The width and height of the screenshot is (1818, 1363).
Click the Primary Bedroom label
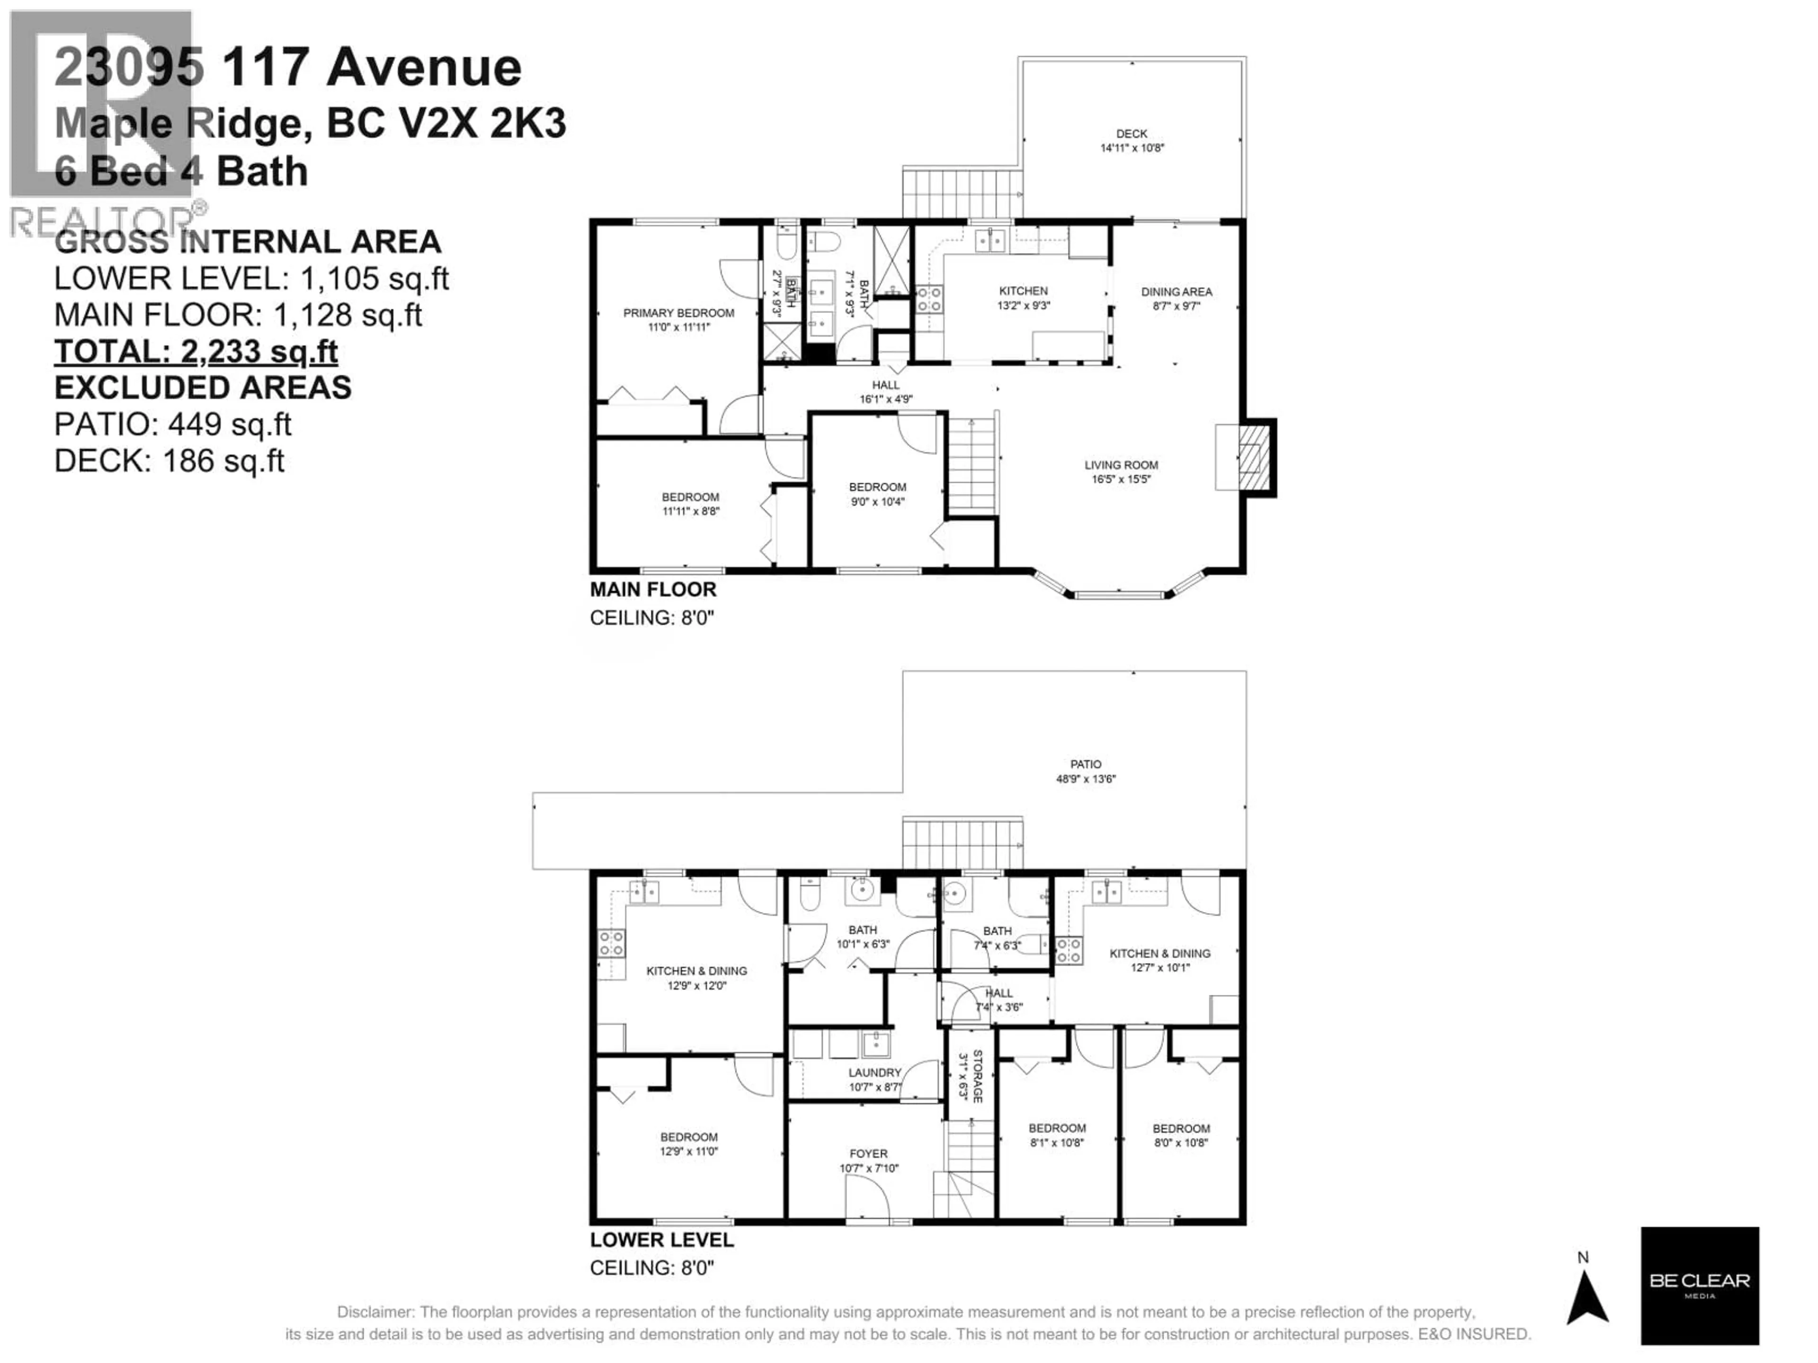coord(678,313)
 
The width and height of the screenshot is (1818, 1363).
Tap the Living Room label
coord(1120,465)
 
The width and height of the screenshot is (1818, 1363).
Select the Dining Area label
coord(1176,292)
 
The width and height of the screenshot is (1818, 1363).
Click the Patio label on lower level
coord(1085,764)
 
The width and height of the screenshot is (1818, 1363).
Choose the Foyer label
coord(868,1153)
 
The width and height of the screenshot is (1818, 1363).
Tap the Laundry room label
coord(874,1072)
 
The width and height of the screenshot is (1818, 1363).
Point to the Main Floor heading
coord(652,589)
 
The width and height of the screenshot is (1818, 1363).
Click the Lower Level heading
coord(661,1240)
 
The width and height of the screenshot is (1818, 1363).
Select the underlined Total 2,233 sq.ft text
coord(196,352)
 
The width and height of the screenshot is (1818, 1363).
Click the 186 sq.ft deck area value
coord(223,461)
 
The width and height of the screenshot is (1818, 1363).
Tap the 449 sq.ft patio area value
coord(229,424)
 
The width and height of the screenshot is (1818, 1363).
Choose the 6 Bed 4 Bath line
coord(181,171)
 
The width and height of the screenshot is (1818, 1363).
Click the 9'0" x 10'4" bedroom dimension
coord(877,501)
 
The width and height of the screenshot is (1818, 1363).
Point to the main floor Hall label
coord(885,384)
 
